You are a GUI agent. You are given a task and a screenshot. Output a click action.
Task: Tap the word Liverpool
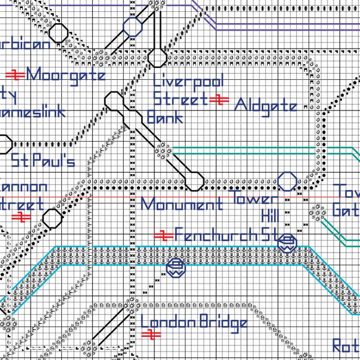pyautogui.click(x=189, y=82)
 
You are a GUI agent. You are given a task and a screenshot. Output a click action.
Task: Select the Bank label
pyautogui.click(x=165, y=117)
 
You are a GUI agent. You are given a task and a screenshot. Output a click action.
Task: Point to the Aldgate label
pyautogui.click(x=266, y=106)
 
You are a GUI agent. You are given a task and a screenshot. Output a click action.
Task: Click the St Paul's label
pyautogui.click(x=43, y=161)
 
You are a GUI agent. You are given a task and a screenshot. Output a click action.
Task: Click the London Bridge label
pyautogui.click(x=194, y=323)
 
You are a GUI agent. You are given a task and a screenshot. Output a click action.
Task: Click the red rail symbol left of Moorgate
pyautogui.click(x=16, y=75)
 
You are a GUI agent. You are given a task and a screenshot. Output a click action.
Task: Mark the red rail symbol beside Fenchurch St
pyautogui.click(x=162, y=235)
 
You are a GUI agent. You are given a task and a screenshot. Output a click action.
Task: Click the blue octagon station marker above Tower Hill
pyautogui.click(x=287, y=181)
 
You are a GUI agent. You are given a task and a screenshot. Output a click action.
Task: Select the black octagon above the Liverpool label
pyautogui.click(x=157, y=58)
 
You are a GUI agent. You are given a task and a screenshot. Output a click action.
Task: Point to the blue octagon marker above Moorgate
pyautogui.click(x=133, y=27)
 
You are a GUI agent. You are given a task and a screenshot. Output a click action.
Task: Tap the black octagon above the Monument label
pyautogui.click(x=195, y=181)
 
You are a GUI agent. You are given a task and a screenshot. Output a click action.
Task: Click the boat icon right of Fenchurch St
pyautogui.click(x=287, y=243)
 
